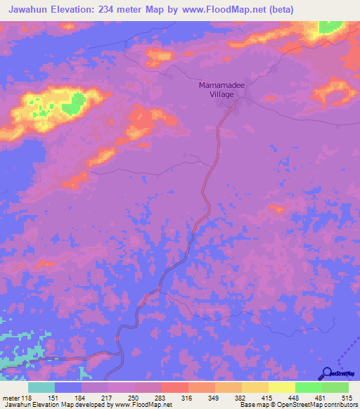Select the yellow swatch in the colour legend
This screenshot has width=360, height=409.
[x=282, y=387]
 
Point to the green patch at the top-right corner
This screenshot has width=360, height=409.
[x=329, y=27]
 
